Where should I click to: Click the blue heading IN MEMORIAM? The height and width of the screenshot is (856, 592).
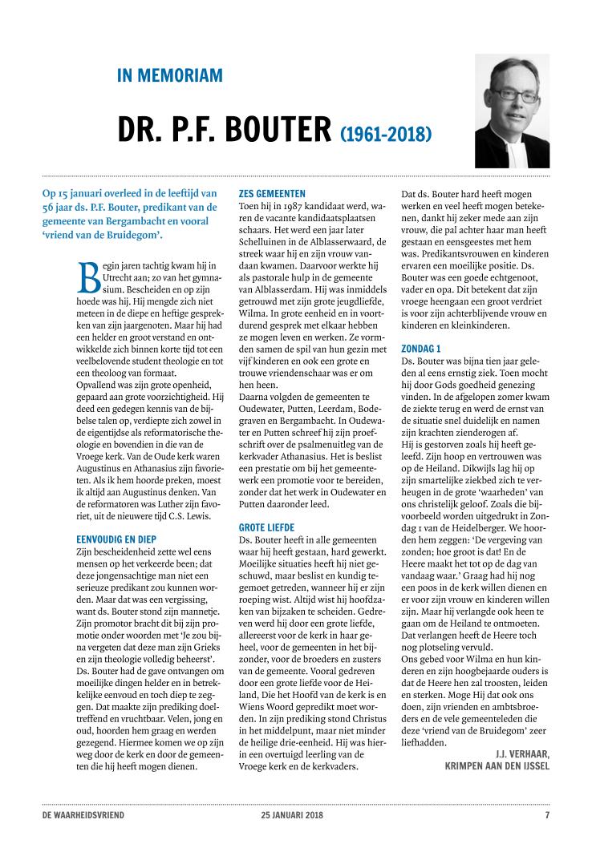click(169, 76)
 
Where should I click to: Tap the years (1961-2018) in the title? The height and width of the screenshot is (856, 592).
click(386, 131)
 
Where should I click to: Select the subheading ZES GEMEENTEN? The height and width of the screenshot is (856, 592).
click(272, 193)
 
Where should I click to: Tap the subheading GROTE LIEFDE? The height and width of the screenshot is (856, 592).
click(267, 528)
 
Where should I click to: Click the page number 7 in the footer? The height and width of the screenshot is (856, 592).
click(547, 816)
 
